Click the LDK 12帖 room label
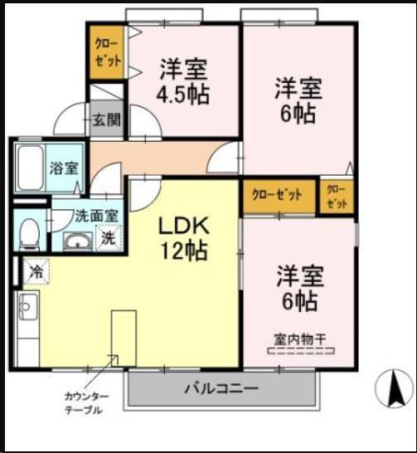(183, 236)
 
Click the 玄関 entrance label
(106, 119)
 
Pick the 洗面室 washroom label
(97, 216)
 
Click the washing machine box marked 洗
(109, 238)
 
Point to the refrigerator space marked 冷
(37, 270)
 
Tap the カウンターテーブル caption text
(83, 403)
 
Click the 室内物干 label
(297, 337)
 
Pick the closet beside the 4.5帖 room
(107, 55)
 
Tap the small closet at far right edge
(337, 196)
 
